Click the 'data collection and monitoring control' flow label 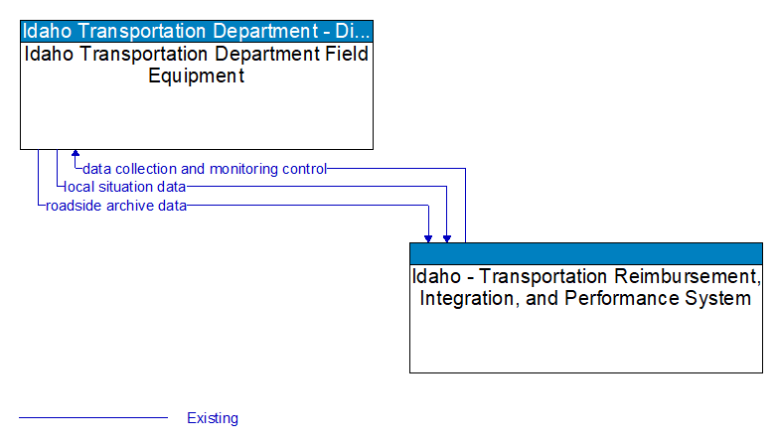[205, 169]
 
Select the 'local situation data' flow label [125, 187]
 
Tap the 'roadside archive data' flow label [116, 206]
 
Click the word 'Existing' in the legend [213, 418]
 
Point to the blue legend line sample [93, 418]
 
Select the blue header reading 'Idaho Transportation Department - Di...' [197, 30]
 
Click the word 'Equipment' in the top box [197, 75]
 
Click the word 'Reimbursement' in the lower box [687, 276]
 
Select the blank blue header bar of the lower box [586, 252]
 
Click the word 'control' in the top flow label [304, 169]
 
